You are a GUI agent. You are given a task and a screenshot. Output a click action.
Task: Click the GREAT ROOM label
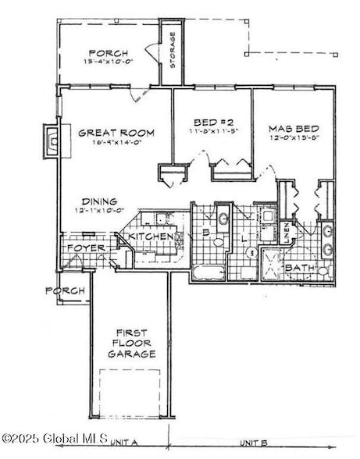(116, 133)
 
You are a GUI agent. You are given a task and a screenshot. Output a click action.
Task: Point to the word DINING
(98, 200)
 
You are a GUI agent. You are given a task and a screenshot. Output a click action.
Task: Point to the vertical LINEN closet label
(287, 232)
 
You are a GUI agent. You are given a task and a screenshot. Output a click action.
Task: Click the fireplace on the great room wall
(52, 141)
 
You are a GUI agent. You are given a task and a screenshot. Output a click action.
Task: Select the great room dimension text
(116, 143)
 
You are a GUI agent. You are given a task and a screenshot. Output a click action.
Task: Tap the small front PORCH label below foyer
(64, 291)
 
